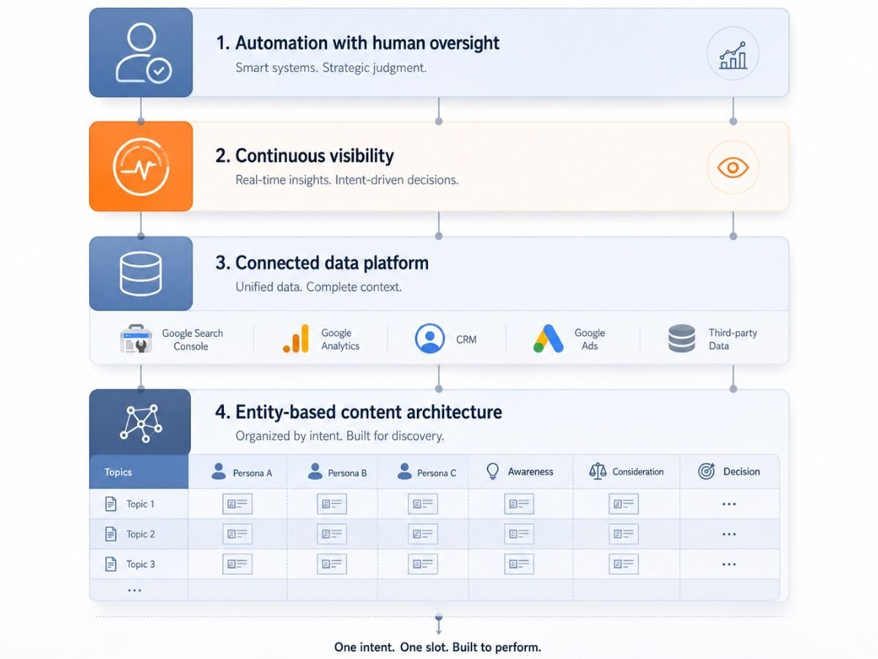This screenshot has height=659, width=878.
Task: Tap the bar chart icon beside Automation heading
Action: point(733,55)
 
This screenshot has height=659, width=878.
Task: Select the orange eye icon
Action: point(733,167)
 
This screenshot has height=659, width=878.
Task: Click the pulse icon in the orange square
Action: point(140,167)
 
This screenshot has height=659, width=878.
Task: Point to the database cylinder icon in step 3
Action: point(140,274)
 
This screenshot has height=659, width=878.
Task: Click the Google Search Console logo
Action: point(136,338)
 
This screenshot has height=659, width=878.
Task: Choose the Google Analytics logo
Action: point(296,338)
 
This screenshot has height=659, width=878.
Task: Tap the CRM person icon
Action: point(429,338)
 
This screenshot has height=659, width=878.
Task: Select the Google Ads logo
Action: point(548,338)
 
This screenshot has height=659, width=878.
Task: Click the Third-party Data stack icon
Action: point(682,338)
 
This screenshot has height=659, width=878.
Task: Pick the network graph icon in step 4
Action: point(141,423)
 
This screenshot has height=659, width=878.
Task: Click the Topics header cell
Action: point(139,472)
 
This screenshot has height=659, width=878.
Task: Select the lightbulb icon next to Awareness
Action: point(492,472)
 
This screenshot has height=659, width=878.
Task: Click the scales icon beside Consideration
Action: point(598,472)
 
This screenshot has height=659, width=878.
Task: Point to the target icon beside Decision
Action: point(706,472)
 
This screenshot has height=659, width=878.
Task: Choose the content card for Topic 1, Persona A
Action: point(237,504)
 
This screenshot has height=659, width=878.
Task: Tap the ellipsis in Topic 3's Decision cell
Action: point(729,565)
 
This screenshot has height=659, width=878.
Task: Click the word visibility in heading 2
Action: point(354,156)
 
